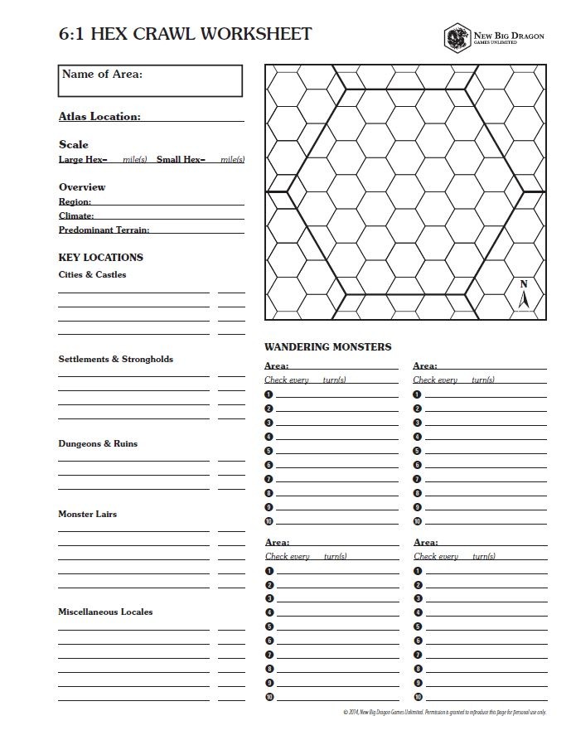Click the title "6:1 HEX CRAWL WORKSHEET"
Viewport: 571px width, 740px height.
click(x=185, y=34)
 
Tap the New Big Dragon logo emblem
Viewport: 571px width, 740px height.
click(x=456, y=37)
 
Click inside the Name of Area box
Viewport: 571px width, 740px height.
click(x=151, y=82)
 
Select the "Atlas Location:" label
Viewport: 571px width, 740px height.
click(x=99, y=117)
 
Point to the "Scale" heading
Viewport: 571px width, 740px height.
click(x=73, y=144)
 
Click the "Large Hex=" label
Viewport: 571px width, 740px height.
click(x=83, y=159)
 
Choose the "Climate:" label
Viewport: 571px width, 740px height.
click(x=76, y=215)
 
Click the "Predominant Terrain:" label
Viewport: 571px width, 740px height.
click(x=104, y=230)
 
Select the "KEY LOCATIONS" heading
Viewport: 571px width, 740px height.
click(x=100, y=258)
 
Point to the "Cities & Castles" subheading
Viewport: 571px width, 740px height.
click(x=92, y=274)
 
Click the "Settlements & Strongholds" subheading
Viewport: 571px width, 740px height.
click(x=115, y=359)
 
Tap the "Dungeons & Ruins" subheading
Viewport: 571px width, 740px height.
click(x=98, y=443)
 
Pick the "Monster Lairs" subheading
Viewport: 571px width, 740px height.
click(x=87, y=514)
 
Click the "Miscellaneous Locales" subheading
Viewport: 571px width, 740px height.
click(x=105, y=612)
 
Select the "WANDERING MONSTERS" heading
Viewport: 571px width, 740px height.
click(x=327, y=346)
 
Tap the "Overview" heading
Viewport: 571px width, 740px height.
click(x=82, y=187)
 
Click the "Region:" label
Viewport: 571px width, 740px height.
click(x=75, y=201)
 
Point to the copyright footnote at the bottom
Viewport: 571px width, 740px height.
click(x=444, y=712)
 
